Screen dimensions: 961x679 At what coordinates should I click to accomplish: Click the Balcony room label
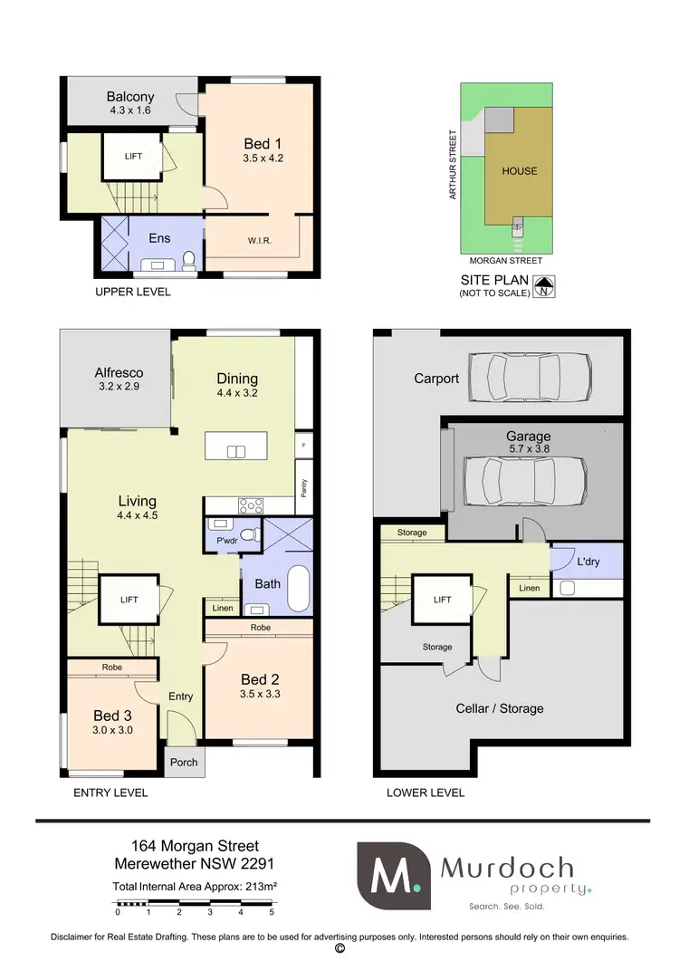[x=130, y=97]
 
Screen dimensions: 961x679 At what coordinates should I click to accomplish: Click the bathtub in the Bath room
[x=299, y=582]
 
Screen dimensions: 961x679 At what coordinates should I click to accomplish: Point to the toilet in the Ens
[x=189, y=261]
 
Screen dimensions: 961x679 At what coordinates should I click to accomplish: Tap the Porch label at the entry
[x=184, y=762]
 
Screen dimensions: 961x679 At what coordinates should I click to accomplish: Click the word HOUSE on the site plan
[x=520, y=170]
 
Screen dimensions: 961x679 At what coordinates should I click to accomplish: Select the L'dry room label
[x=587, y=562]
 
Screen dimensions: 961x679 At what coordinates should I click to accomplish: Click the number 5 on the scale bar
[x=272, y=913]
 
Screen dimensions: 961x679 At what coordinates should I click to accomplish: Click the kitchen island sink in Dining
[x=237, y=452]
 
